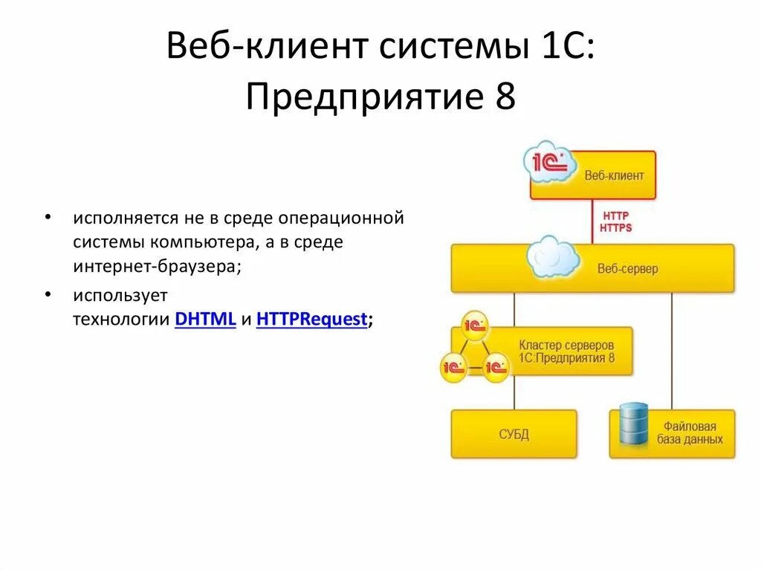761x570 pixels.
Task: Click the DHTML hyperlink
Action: tap(205, 320)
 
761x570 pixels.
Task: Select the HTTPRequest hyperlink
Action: tap(311, 320)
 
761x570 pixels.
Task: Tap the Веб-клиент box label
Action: tap(614, 176)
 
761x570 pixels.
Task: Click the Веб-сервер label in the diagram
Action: tap(627, 268)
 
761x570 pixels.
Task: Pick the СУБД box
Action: tap(514, 434)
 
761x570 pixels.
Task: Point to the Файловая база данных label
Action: tap(690, 433)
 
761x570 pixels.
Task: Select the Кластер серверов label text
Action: tap(566, 346)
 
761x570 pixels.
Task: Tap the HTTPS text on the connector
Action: tap(615, 227)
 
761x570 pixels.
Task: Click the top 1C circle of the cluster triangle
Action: tap(474, 325)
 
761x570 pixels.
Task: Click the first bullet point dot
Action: tap(48, 218)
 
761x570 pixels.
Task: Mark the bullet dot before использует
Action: tap(48, 294)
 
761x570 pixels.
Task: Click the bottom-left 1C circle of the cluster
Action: tap(453, 366)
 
